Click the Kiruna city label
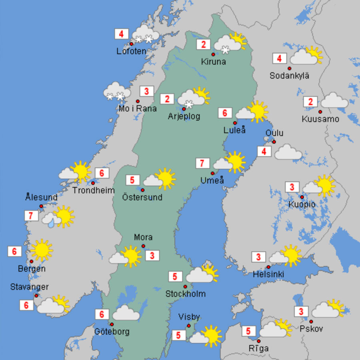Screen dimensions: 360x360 (x=214, y=62)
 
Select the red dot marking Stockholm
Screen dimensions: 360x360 (x=185, y=286)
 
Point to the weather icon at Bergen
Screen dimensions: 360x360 (x=42, y=250)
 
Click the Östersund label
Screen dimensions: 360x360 (x=142, y=197)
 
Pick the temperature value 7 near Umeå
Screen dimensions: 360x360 (x=202, y=163)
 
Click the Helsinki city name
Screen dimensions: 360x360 (x=268, y=275)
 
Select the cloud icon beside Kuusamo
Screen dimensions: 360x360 (x=334, y=100)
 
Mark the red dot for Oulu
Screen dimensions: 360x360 (x=274, y=142)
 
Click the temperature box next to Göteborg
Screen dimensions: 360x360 (x=102, y=315)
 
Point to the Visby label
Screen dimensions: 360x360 (x=189, y=317)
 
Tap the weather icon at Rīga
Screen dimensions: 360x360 (x=276, y=328)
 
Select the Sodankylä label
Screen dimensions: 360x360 (x=289, y=75)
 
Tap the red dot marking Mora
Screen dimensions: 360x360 (x=143, y=246)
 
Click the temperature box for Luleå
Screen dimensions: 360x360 (x=225, y=113)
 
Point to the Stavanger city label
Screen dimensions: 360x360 (x=29, y=287)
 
